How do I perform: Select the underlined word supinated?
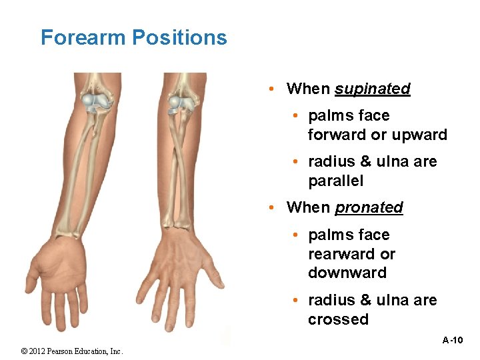372,89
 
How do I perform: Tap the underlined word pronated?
369,207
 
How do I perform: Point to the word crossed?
338,319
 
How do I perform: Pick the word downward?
347,273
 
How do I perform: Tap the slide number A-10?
453,340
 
